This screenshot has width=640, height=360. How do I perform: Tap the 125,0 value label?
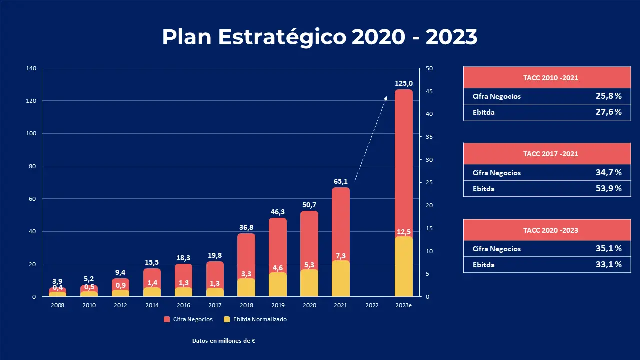(x=404, y=84)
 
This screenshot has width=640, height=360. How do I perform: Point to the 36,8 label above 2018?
(x=246, y=228)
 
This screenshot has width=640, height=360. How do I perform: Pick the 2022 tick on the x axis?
(x=372, y=305)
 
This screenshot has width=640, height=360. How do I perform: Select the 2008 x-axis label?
(x=57, y=305)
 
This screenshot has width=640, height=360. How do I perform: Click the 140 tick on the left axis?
(x=31, y=68)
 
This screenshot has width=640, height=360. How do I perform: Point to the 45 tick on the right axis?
(x=429, y=91)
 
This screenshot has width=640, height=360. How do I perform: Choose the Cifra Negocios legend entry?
(x=189, y=319)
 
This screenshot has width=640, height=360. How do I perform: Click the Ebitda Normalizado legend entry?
(x=255, y=319)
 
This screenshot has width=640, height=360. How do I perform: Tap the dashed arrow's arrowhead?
(x=386, y=98)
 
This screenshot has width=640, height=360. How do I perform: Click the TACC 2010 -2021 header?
(x=551, y=78)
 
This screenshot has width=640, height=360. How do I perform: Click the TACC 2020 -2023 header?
(x=551, y=230)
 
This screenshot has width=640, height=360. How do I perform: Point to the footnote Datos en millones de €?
(x=224, y=341)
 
